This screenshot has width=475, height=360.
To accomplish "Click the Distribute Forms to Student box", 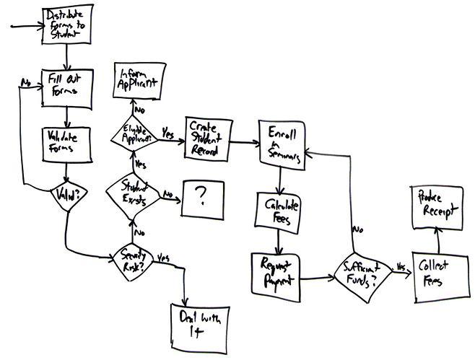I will tap(66, 24).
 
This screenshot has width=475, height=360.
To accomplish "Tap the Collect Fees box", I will tap(435, 276).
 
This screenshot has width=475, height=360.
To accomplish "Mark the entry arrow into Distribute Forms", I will tap(25, 27).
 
